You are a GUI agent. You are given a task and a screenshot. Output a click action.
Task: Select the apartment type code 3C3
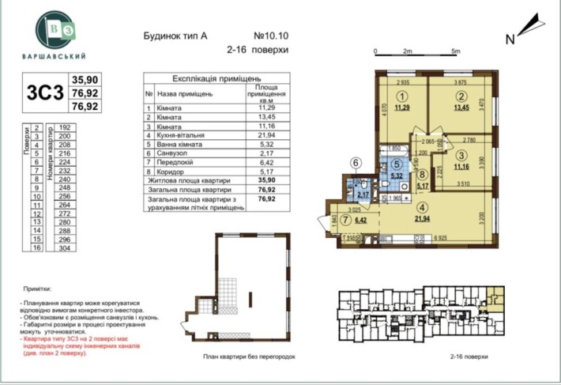(x=44, y=92)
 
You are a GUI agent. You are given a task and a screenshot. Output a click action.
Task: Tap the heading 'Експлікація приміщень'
(x=216, y=79)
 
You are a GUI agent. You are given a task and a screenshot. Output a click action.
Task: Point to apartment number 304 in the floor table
(x=66, y=247)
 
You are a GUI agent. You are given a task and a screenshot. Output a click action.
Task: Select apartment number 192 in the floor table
(x=66, y=126)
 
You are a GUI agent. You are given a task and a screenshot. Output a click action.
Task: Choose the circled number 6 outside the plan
(x=356, y=164)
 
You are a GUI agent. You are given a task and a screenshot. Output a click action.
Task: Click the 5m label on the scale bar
(x=456, y=51)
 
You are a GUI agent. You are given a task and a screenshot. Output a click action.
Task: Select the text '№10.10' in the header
(x=271, y=36)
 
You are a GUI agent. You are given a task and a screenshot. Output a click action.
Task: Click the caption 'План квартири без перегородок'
(x=248, y=357)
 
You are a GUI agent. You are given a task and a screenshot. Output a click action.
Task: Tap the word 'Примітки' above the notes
(x=37, y=289)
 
